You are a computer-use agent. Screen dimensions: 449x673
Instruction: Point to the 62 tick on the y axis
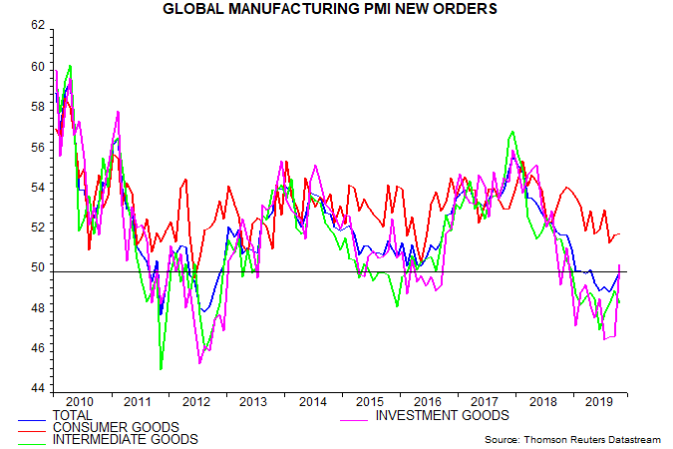tap(37, 26)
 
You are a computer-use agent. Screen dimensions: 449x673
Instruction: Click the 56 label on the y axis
tap(37, 147)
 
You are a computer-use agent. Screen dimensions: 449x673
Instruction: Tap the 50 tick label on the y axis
tap(37, 267)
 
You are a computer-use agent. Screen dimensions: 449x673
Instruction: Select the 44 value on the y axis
tap(37, 388)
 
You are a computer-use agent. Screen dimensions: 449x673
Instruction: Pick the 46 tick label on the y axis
tap(37, 348)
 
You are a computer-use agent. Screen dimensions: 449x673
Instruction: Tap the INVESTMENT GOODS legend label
tap(441, 415)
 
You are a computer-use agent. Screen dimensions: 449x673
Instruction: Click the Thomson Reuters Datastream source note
tap(572, 439)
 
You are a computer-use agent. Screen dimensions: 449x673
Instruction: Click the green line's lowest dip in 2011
tap(161, 369)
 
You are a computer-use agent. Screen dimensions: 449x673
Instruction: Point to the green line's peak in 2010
tap(70, 66)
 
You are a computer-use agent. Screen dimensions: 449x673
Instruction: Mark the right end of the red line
tap(619, 234)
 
